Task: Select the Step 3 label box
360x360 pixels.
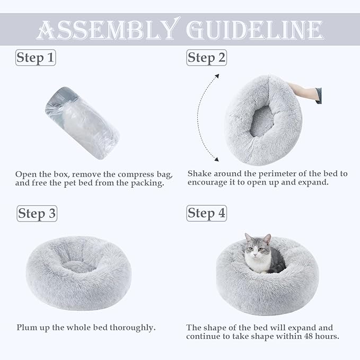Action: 37,214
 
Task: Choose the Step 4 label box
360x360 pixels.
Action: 206,213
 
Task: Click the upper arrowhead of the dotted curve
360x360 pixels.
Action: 216,76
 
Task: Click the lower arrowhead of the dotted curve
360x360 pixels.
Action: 216,158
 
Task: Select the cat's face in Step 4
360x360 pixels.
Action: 255,248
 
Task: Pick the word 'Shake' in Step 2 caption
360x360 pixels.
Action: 200,173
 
